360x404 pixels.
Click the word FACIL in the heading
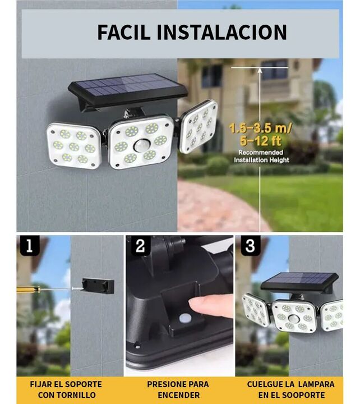pyautogui.click(x=123, y=32)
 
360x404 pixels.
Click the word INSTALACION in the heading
pyautogui.click(x=221, y=32)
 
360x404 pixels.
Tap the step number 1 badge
pyautogui.click(x=30, y=246)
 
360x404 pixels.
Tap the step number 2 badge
pyautogui.click(x=140, y=246)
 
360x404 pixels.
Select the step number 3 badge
pyautogui.click(x=250, y=246)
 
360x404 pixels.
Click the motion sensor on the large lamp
pyautogui.click(x=141, y=146)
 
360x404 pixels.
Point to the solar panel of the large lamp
pyautogui.click(x=127, y=89)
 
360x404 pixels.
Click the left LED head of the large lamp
pyautogui.click(x=73, y=146)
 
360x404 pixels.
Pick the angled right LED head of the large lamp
pyautogui.click(x=199, y=126)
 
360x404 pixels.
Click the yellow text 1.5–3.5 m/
pyautogui.click(x=260, y=128)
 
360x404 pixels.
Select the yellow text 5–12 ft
pyautogui.click(x=260, y=141)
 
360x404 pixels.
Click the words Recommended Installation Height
pyautogui.click(x=261, y=156)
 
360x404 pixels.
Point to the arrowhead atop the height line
pyautogui.click(x=260, y=70)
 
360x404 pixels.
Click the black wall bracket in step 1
pyautogui.click(x=98, y=286)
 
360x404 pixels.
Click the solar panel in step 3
pyautogui.click(x=299, y=282)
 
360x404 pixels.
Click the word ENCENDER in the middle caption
pyautogui.click(x=179, y=394)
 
